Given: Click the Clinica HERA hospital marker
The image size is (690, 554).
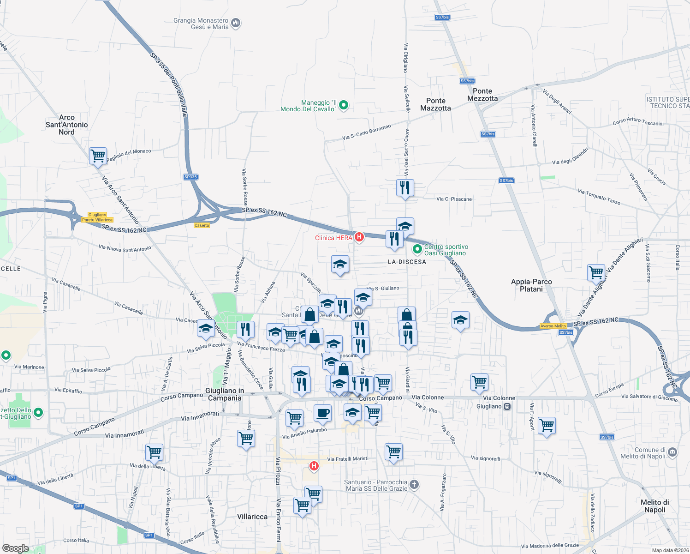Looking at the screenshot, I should [x=359, y=237].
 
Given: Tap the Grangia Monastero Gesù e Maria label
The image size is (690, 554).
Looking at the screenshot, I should [x=201, y=24].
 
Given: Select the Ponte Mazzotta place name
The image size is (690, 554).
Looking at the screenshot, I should [x=435, y=104].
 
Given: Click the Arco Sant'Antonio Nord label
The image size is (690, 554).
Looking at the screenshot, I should [x=67, y=125].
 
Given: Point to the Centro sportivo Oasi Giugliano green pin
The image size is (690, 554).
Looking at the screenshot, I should [x=417, y=250].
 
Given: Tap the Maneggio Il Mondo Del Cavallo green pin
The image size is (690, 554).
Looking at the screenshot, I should [x=344, y=106].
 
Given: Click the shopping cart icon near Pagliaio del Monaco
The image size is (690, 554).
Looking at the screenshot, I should [x=98, y=156].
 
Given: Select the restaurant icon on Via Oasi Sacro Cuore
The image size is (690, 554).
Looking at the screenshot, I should [x=405, y=188].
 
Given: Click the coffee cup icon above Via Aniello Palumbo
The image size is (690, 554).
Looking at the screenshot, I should [x=322, y=413].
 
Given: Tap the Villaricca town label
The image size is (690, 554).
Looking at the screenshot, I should [x=252, y=517].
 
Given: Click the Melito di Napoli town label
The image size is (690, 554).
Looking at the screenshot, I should [x=654, y=506].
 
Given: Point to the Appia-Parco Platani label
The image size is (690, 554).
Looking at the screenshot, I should [x=531, y=285].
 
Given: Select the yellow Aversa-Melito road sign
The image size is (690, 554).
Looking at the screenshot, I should [x=553, y=326].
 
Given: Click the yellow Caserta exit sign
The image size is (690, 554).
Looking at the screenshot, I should [x=202, y=225].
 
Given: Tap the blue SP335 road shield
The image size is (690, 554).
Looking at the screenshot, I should [x=190, y=177].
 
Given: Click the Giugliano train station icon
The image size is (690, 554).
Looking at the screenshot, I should [x=507, y=407].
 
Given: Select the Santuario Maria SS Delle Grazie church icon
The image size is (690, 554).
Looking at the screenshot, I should [x=414, y=484].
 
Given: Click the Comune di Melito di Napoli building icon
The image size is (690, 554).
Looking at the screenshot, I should [x=672, y=452].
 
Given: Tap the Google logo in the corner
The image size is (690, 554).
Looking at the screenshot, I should [x=16, y=548].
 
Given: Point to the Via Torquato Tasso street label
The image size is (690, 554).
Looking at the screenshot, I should [x=599, y=197].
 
